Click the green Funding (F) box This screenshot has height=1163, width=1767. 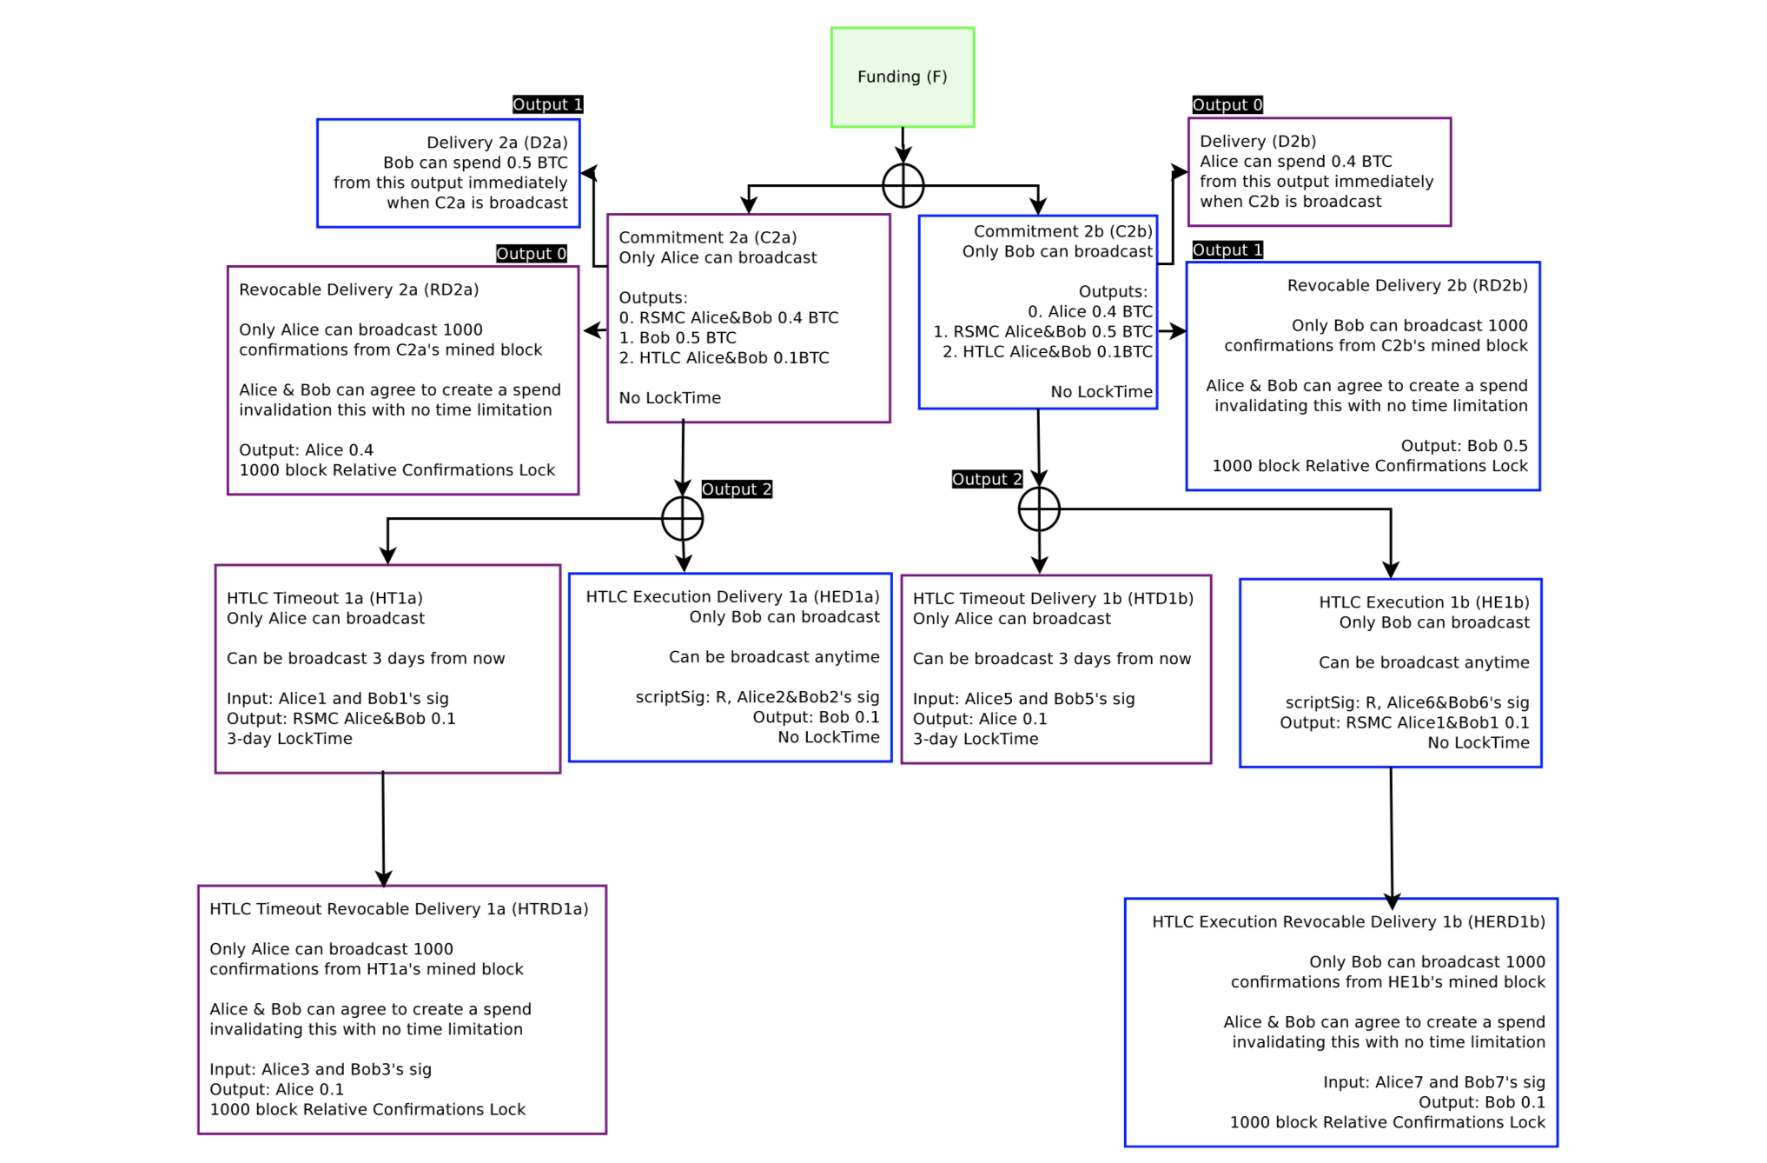tap(902, 77)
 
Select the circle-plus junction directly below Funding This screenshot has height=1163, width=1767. tap(903, 185)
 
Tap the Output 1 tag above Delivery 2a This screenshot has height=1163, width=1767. tap(547, 104)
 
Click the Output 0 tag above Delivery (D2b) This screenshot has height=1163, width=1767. tap(1227, 105)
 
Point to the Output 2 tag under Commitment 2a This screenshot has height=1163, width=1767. tap(736, 489)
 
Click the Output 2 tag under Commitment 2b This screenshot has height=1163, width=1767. tap(987, 479)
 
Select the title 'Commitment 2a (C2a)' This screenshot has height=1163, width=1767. tap(707, 237)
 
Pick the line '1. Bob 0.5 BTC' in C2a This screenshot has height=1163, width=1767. tap(677, 337)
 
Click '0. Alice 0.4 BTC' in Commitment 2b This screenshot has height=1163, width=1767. tap(1089, 311)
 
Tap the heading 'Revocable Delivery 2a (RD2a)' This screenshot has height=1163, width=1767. tap(359, 289)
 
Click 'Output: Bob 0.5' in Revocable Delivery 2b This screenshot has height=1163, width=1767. tap(1464, 446)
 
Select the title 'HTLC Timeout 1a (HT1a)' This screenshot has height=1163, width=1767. tap(324, 598)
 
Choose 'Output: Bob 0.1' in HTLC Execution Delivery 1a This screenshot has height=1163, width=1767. tap(815, 717)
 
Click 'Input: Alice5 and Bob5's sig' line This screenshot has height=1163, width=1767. tap(1023, 699)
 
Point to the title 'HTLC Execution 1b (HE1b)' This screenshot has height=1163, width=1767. tap(1424, 602)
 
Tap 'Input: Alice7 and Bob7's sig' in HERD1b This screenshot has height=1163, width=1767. tap(1433, 1082)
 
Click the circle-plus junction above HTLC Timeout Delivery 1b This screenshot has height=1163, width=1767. tap(1039, 509)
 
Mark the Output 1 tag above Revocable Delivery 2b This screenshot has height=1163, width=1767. tap(1227, 250)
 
